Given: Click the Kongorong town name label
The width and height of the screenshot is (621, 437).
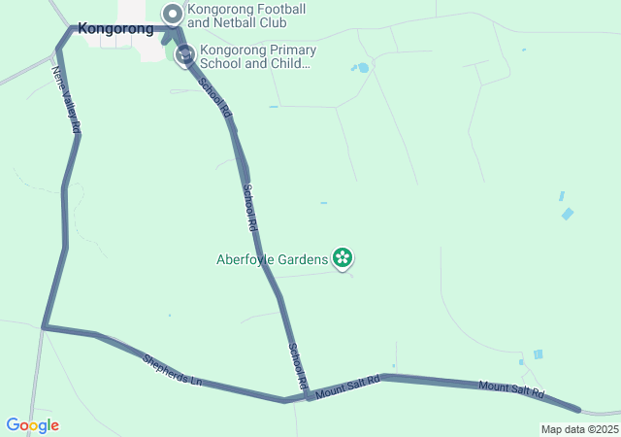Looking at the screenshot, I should [x=115, y=29].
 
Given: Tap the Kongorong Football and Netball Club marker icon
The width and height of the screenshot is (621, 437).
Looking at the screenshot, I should [x=173, y=14].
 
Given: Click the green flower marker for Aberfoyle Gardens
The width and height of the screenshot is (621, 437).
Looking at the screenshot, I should [x=342, y=258].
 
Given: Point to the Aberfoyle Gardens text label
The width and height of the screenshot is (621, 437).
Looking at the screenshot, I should [x=273, y=259].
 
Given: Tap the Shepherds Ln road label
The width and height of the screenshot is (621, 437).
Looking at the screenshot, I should [x=172, y=370].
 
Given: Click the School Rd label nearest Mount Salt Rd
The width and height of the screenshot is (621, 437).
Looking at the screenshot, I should [x=297, y=367].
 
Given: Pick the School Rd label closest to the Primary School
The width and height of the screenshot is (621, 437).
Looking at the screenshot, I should [x=215, y=99].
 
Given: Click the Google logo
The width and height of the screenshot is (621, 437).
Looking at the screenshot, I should [x=32, y=425].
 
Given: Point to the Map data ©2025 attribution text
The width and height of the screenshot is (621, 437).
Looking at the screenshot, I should [x=579, y=429].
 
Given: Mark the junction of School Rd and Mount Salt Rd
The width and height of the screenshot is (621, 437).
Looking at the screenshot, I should [x=308, y=395].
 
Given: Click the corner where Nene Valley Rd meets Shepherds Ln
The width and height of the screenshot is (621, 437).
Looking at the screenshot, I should [x=45, y=327].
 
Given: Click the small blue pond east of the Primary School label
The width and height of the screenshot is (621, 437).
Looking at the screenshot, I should [x=363, y=68].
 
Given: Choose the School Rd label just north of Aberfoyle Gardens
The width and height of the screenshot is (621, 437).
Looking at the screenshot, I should [x=249, y=206].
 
